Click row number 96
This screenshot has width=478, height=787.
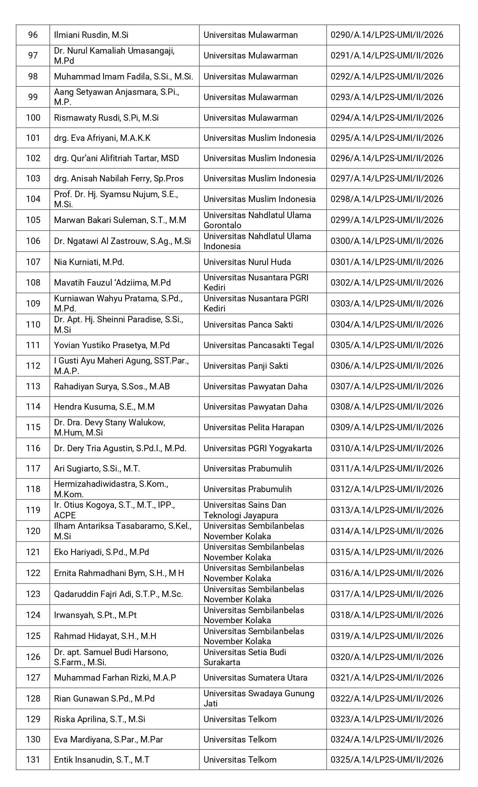click(x=33, y=35)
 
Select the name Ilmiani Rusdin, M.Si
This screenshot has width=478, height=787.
click(x=91, y=35)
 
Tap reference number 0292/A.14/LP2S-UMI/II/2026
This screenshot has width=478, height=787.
click(x=387, y=76)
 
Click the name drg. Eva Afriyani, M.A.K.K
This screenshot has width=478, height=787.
click(x=102, y=138)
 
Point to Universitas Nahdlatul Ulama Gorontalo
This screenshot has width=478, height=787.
click(x=257, y=220)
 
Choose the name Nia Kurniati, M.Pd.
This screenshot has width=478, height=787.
click(x=89, y=262)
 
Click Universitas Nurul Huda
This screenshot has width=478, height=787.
click(x=247, y=262)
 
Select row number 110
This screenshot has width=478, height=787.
click(x=33, y=325)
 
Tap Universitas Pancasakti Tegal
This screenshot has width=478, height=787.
click(x=259, y=345)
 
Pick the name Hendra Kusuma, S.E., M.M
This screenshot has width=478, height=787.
click(x=104, y=407)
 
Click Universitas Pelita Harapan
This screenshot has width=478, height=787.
click(x=253, y=427)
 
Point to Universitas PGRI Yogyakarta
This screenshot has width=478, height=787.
click(x=258, y=448)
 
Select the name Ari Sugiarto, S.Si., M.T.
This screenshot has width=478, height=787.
click(x=97, y=468)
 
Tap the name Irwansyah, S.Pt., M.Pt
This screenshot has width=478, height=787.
click(x=95, y=615)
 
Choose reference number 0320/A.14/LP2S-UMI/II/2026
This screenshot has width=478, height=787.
click(x=387, y=657)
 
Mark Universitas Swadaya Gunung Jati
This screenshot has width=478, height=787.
click(x=258, y=699)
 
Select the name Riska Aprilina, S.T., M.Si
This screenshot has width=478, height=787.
click(x=99, y=719)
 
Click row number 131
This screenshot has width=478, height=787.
click(x=33, y=760)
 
